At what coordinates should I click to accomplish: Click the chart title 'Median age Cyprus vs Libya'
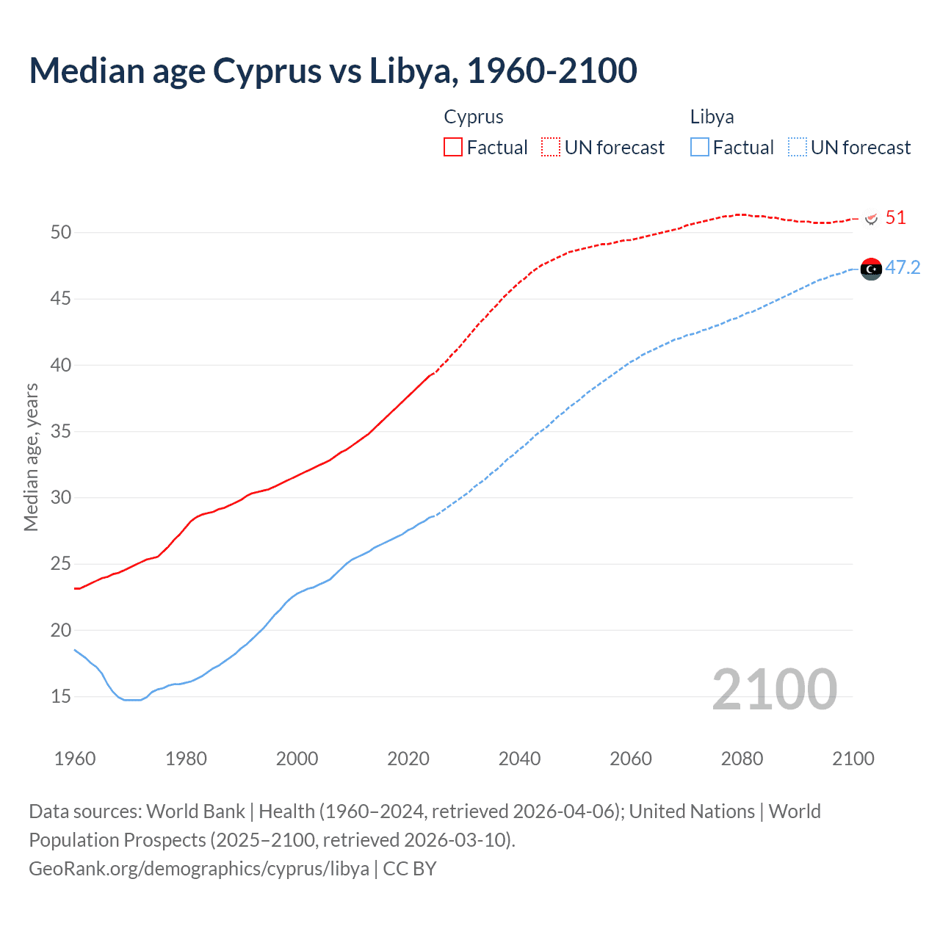pos(333,70)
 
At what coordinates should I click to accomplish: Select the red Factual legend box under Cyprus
pos(453,147)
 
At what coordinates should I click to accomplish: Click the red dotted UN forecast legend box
pos(551,147)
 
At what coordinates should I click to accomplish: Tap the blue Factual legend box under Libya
pos(700,147)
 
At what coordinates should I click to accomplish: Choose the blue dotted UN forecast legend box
pos(798,147)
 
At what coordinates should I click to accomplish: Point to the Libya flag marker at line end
pos(871,270)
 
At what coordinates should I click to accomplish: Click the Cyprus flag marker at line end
pos(872,218)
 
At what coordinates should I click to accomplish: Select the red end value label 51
pos(895,217)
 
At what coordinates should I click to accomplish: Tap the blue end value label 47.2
pos(903,267)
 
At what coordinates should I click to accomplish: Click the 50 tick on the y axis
pos(61,232)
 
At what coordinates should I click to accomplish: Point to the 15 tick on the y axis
pos(61,696)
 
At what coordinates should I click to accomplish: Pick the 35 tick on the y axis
pos(61,431)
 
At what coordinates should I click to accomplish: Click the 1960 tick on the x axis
pos(75,759)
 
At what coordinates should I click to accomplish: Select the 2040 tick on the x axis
pos(519,759)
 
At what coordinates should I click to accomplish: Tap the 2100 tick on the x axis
pos(853,759)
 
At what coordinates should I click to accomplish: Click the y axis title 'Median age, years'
pos(31,457)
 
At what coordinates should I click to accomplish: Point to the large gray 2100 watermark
pos(775,689)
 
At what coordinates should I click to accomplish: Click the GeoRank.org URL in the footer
pos(199,868)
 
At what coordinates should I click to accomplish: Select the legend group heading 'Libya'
pos(712,117)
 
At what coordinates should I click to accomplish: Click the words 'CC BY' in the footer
pos(410,868)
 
